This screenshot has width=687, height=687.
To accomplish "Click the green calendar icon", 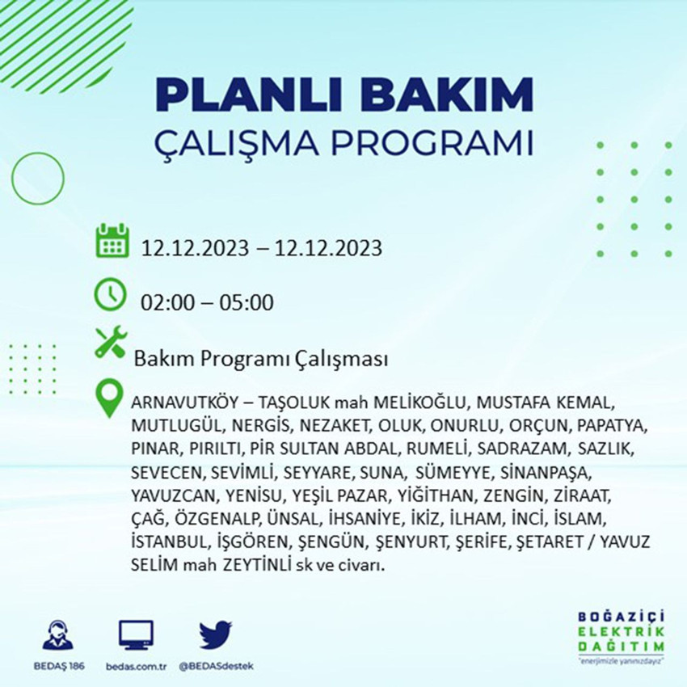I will pyautogui.click(x=112, y=241).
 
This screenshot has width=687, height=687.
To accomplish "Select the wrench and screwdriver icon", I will pyautogui.click(x=111, y=342).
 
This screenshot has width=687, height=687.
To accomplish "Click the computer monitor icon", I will pyautogui.click(x=136, y=634).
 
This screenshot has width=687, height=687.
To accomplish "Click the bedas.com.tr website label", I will pyautogui.click(x=136, y=666).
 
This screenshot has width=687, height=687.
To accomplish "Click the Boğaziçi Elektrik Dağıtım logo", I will pyautogui.click(x=622, y=638).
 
